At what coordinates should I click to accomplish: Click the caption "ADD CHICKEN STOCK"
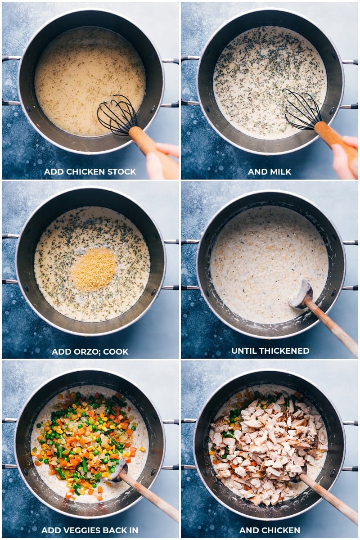(x=90, y=171)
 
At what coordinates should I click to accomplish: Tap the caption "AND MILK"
(x=270, y=171)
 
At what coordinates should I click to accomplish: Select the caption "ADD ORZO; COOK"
(x=90, y=351)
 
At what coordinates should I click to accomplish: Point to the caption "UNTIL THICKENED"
(x=270, y=351)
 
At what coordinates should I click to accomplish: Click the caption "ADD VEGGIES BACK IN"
(x=90, y=530)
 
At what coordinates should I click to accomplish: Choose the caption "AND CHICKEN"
(x=270, y=530)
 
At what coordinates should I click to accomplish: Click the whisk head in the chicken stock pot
(x=117, y=115)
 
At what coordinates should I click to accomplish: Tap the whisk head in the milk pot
(x=301, y=108)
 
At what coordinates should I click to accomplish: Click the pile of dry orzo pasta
(x=94, y=269)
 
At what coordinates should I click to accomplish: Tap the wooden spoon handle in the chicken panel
(x=328, y=497)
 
